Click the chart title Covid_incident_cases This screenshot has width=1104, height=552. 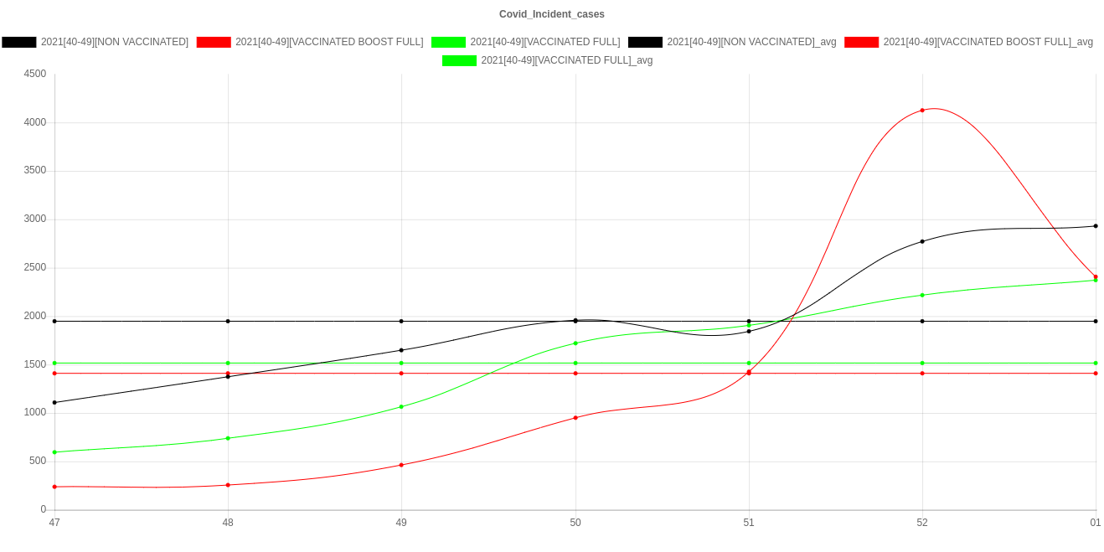pos(551,14)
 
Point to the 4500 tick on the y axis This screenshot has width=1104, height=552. pos(34,74)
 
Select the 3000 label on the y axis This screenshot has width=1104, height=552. pos(34,219)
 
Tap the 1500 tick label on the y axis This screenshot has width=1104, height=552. pos(34,364)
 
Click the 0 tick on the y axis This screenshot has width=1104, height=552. pos(43,509)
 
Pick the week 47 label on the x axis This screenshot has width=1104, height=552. pos(54,523)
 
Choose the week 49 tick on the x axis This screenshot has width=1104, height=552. pos(401,523)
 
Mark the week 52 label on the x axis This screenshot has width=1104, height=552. pos(922,523)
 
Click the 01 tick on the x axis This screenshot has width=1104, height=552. pos(1095,523)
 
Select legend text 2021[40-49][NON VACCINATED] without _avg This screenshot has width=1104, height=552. pos(115,42)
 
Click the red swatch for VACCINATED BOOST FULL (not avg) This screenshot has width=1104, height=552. pos(214,42)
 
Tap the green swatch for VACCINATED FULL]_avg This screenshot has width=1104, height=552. pos(459,60)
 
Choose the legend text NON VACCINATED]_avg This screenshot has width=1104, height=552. pos(751,42)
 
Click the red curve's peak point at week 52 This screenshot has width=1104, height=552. pos(922,111)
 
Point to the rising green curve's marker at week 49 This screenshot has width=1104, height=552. pos(401,407)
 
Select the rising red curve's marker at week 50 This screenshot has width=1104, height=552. pos(575,417)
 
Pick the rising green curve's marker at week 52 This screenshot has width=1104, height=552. pos(922,295)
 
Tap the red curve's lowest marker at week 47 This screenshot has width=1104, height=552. pos(54,487)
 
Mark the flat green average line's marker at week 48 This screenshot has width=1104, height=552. pos(228,363)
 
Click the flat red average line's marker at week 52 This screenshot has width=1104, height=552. pos(922,374)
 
